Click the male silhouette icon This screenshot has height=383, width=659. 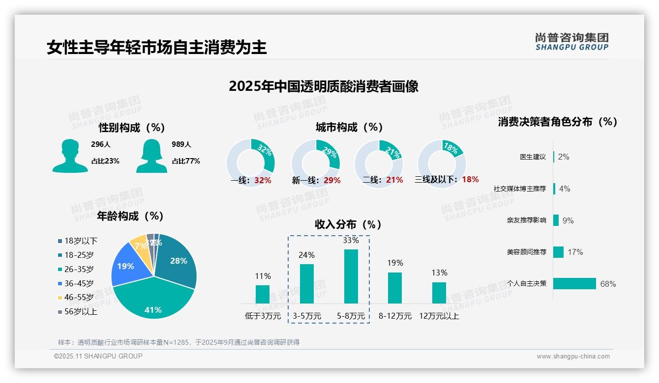pos(70,156)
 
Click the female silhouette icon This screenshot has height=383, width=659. pos(151,156)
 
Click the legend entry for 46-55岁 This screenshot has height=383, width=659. pos(79,298)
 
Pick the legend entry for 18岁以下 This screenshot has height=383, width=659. pos(81,241)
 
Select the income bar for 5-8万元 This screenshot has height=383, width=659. pos(351,276)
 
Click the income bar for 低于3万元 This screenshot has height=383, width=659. pos(263,294)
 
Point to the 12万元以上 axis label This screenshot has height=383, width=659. pos(439,316)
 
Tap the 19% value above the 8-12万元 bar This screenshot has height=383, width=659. pos(395,263)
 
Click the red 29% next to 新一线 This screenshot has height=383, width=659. pos(332,180)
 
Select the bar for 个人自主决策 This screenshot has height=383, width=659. pos(574,283)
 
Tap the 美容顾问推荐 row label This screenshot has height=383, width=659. pos(526,252)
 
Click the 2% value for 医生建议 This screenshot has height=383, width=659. pos(564,157)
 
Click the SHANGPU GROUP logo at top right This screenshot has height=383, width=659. pos(571,41)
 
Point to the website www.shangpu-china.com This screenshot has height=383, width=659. pos(573,356)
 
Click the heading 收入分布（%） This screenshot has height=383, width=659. pos(348,224)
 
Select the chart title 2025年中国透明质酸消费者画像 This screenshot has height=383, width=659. pos(324,86)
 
